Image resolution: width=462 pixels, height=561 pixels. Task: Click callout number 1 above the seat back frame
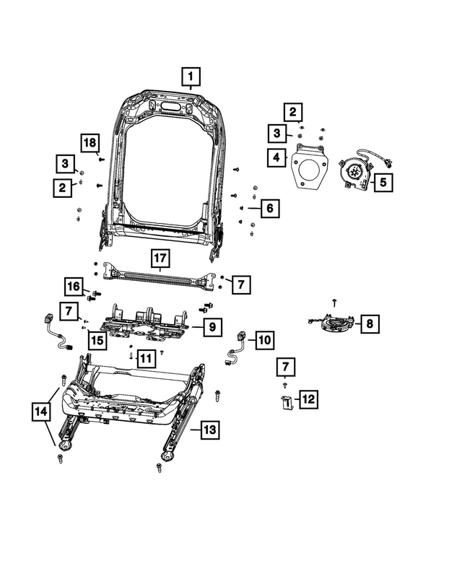(191, 76)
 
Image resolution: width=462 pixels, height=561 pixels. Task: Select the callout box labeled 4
(276, 156)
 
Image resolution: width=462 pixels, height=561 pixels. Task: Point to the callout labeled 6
(268, 209)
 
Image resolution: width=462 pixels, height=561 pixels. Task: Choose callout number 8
(369, 324)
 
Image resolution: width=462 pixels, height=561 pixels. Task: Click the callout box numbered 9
(212, 328)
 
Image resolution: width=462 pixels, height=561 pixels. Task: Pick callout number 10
(264, 338)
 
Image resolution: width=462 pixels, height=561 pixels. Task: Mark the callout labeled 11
(145, 357)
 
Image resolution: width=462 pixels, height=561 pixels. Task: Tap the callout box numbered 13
(209, 430)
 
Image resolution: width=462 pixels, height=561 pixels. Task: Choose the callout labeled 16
(74, 287)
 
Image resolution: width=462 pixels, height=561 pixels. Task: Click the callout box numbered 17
(160, 258)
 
